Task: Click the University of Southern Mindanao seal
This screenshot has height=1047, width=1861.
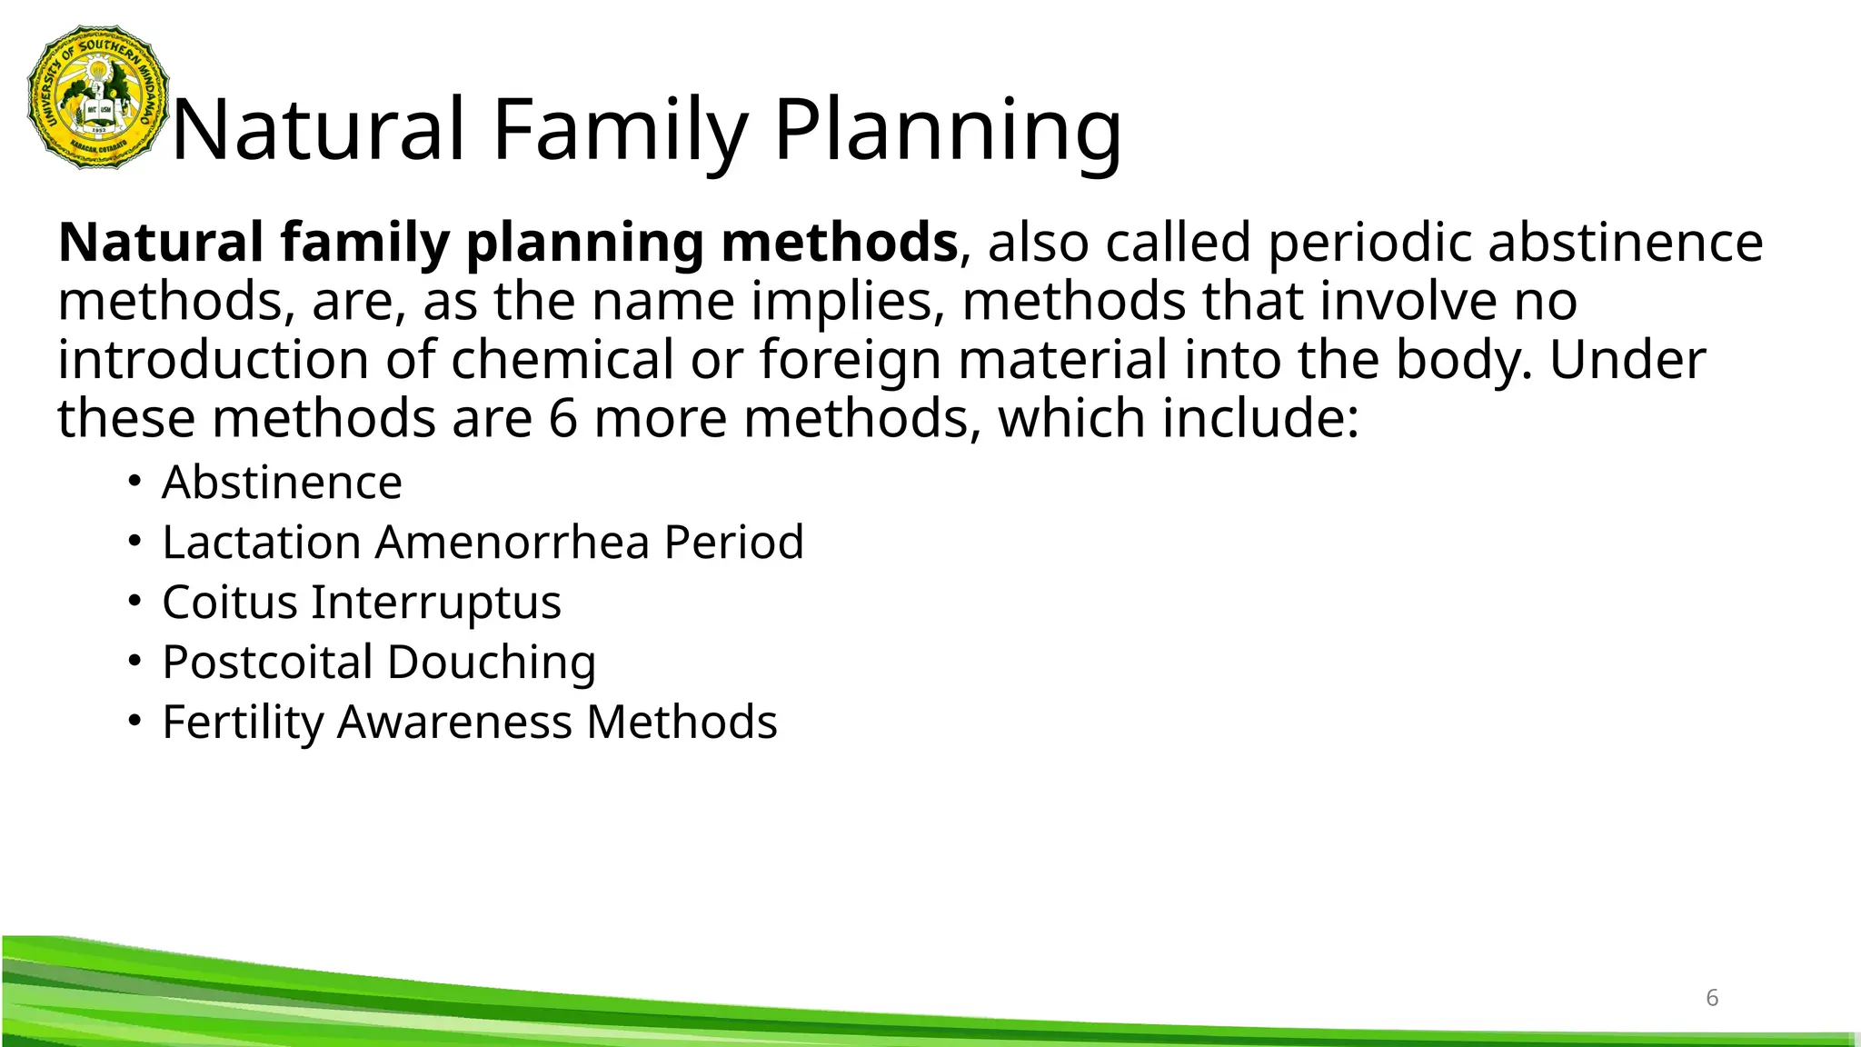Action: point(99,97)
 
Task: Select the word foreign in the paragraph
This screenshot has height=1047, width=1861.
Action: point(850,360)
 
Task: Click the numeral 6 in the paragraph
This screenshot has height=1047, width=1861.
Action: point(562,419)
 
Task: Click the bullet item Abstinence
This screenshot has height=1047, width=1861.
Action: point(282,482)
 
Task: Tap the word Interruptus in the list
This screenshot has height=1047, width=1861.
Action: point(436,602)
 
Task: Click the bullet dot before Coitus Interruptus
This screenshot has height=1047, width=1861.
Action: point(134,601)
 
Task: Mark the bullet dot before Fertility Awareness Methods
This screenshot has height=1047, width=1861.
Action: point(134,721)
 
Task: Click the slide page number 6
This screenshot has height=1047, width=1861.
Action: point(1712,998)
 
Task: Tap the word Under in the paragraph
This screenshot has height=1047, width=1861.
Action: point(1627,360)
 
